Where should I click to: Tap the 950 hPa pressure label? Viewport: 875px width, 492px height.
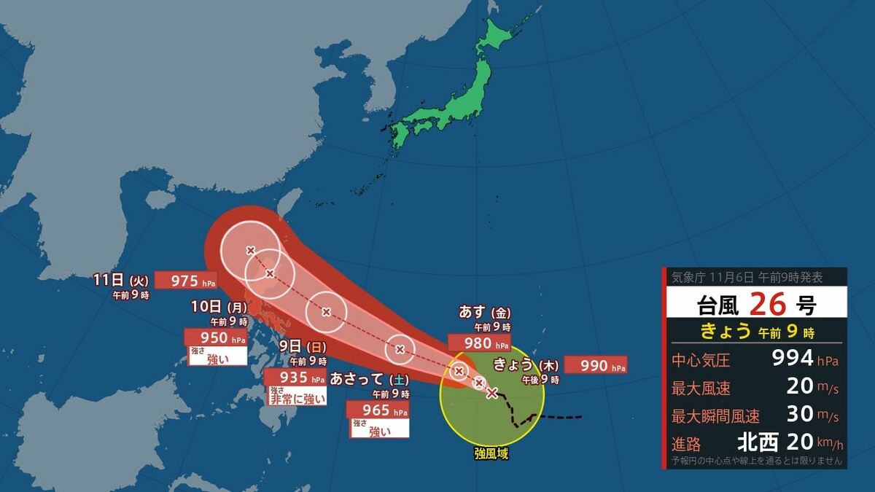pyautogui.click(x=216, y=337)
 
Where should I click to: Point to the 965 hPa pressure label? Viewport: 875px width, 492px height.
pyautogui.click(x=379, y=410)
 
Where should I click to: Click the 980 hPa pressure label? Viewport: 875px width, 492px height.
pyautogui.click(x=480, y=343)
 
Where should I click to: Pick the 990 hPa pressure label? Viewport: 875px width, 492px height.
pyautogui.click(x=595, y=365)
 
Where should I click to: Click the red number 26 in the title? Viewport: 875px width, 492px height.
pyautogui.click(x=769, y=301)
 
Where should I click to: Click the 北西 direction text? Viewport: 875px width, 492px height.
pyautogui.click(x=758, y=442)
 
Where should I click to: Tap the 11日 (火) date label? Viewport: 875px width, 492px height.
pyautogui.click(x=121, y=279)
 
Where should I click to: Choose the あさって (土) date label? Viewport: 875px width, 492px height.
pyautogui.click(x=368, y=379)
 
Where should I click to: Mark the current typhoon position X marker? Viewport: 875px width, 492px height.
pyautogui.click(x=492, y=394)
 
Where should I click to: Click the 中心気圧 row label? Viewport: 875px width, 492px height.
pyautogui.click(x=701, y=359)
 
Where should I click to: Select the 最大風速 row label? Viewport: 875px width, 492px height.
pyautogui.click(x=701, y=387)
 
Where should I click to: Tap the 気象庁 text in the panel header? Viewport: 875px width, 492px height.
pyautogui.click(x=686, y=277)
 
